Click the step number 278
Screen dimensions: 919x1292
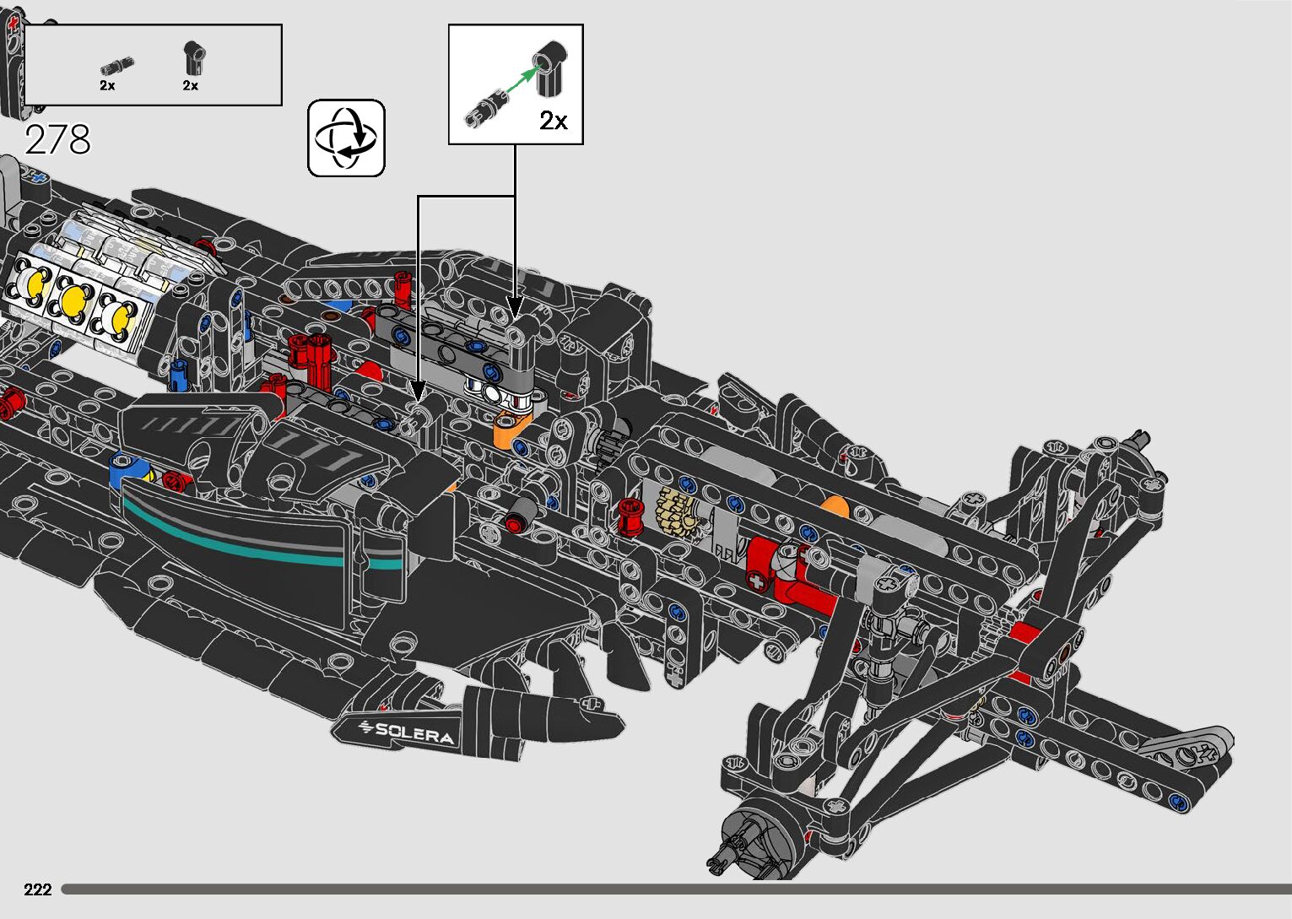pos(57,139)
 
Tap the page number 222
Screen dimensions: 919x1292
pos(38,889)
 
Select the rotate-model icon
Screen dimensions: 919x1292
pos(346,138)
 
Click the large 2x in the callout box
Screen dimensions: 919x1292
pos(554,121)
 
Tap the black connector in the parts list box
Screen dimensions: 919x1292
pos(192,58)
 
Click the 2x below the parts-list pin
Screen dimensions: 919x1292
pos(107,85)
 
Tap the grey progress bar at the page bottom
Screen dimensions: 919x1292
pos(675,889)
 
